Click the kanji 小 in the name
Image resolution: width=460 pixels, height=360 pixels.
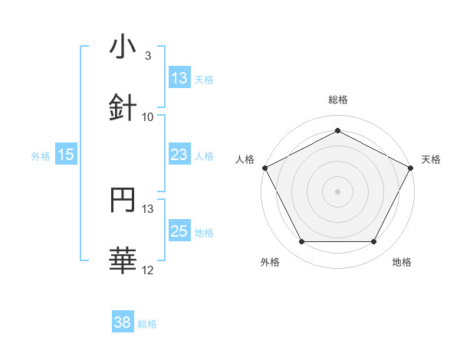pyautogui.click(x=123, y=47)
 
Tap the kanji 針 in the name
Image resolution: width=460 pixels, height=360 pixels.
pyautogui.click(x=123, y=108)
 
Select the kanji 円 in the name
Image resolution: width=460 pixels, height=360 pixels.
pyautogui.click(x=123, y=200)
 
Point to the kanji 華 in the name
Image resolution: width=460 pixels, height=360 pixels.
pyautogui.click(x=123, y=261)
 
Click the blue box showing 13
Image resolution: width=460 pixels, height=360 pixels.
pyautogui.click(x=179, y=78)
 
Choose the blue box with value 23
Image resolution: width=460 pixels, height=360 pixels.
pyautogui.click(x=179, y=155)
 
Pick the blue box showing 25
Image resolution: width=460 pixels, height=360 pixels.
pyautogui.click(x=179, y=231)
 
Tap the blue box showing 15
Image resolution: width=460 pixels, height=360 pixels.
pyautogui.click(x=66, y=155)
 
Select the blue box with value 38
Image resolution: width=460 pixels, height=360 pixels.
pyautogui.click(x=123, y=322)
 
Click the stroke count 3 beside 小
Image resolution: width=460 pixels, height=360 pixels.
pyautogui.click(x=147, y=56)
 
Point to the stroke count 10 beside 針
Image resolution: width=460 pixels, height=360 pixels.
pyautogui.click(x=148, y=117)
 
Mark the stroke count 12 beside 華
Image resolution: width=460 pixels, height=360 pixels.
pyautogui.click(x=148, y=270)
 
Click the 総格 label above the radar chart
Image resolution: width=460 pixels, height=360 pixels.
pyautogui.click(x=337, y=100)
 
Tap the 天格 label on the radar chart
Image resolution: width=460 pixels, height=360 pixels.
pyautogui.click(x=431, y=159)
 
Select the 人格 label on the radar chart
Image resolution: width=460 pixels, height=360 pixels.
pyautogui.click(x=245, y=159)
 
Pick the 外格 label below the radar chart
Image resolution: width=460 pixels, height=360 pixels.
pyautogui.click(x=270, y=262)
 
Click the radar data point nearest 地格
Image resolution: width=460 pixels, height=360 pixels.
pyautogui.click(x=374, y=242)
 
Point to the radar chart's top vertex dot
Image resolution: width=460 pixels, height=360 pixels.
pyautogui.click(x=337, y=130)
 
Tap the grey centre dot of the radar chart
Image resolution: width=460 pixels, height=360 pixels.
pyautogui.click(x=337, y=191)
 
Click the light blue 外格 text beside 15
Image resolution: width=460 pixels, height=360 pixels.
pyautogui.click(x=41, y=155)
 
